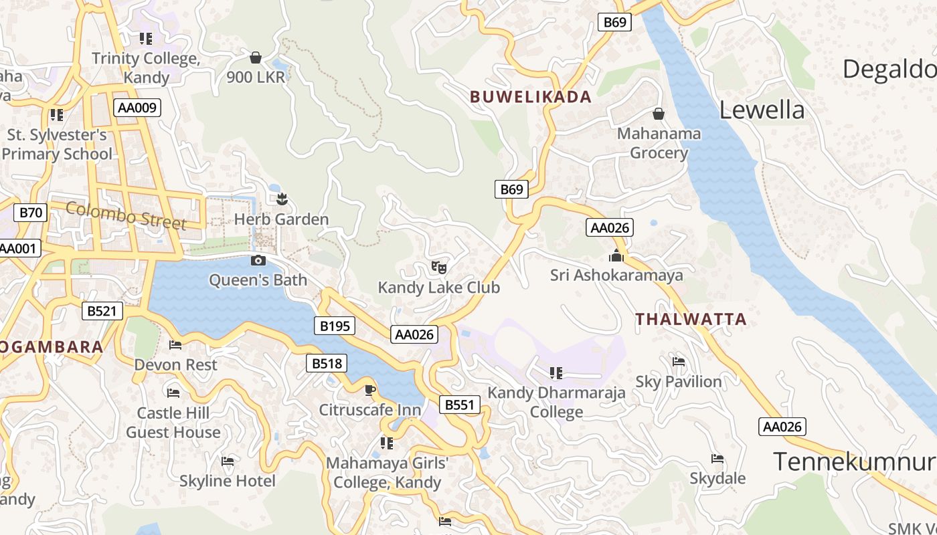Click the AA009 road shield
tap(137, 108)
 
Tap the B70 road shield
tap(31, 213)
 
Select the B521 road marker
tap(102, 310)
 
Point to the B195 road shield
tap(335, 326)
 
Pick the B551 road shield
tap(460, 405)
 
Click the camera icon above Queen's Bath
tap(258, 260)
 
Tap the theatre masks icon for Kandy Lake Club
tap(439, 267)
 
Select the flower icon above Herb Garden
tap(282, 199)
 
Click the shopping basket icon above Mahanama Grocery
tap(659, 114)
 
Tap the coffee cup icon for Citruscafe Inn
tap(370, 390)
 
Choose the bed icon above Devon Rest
tap(175, 345)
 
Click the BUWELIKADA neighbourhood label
tap(531, 97)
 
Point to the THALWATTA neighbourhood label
tap(691, 319)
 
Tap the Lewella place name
tap(762, 110)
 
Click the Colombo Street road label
tap(126, 215)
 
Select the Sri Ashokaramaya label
tap(616, 275)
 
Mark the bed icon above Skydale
tap(717, 459)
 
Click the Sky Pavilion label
tap(679, 382)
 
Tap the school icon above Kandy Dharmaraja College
tap(556, 372)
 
